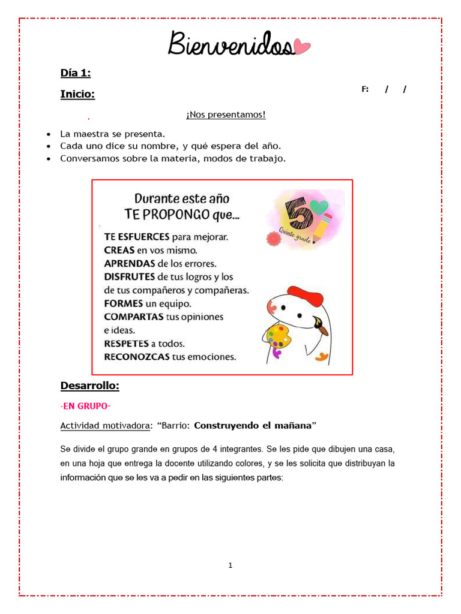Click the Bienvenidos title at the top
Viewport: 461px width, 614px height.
tap(231, 44)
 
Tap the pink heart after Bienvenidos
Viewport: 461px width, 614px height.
tap(303, 47)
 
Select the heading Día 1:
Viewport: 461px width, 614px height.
tap(75, 73)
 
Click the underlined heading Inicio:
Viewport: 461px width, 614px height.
tap(77, 94)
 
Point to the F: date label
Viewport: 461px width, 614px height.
tap(365, 89)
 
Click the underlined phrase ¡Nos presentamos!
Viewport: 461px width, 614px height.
tap(226, 115)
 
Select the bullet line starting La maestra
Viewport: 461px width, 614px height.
tap(112, 134)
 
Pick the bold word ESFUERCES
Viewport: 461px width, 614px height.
tap(144, 237)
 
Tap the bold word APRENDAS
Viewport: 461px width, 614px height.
tap(130, 263)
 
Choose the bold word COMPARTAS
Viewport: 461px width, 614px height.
tap(133, 317)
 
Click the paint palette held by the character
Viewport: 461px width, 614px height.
tap(279, 337)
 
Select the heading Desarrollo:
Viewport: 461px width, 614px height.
tap(89, 386)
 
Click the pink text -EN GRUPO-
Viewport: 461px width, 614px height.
tap(85, 407)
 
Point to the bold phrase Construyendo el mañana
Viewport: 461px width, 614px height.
tap(253, 426)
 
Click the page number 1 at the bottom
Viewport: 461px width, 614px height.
tap(230, 565)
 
